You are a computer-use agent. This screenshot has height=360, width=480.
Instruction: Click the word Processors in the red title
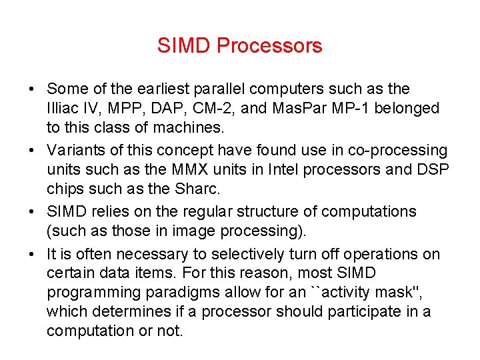point(269,46)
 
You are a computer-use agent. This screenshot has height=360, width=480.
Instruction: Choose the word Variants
point(74,151)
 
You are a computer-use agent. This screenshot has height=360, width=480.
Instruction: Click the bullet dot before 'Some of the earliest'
point(32,89)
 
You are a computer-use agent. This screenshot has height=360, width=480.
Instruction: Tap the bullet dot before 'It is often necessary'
point(32,254)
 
